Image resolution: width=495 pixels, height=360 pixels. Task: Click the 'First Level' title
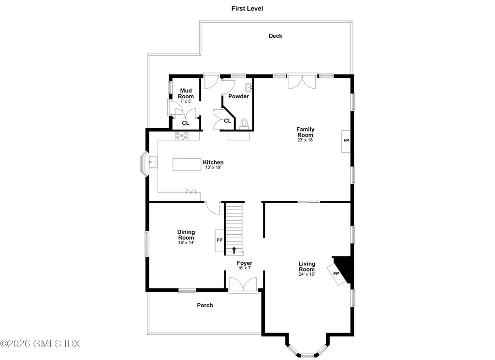tap(247, 9)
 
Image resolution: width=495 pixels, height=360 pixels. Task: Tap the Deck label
tap(276, 36)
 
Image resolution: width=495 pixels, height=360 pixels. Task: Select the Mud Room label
tap(186, 93)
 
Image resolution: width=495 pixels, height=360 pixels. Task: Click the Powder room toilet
tap(244, 123)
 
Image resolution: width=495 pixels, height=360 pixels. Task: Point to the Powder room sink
tap(248, 88)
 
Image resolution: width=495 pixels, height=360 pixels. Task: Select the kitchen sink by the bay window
tap(152, 162)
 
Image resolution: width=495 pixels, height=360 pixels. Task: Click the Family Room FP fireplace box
tap(346, 141)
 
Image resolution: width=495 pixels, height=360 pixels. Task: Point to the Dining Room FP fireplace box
tap(219, 240)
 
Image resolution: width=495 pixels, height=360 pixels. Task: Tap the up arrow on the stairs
tap(234, 250)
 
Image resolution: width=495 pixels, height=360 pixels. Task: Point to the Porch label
tap(204, 305)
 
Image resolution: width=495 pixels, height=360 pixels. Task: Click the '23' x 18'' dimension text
tap(305, 141)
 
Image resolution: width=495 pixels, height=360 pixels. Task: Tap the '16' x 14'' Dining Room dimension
tap(186, 243)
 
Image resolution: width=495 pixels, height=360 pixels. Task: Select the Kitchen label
tap(213, 162)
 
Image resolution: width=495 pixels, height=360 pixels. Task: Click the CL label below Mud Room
tap(186, 123)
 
